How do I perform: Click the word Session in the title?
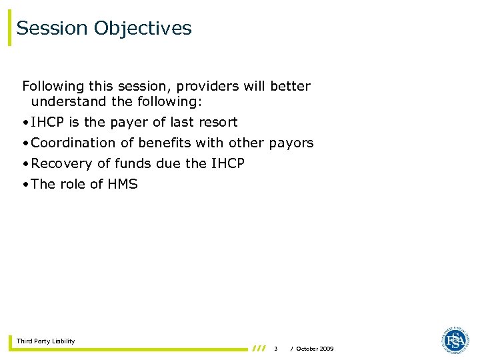click(52, 29)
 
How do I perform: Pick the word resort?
click(218, 123)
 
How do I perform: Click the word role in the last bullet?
click(73, 185)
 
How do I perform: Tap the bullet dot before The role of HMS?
click(25, 185)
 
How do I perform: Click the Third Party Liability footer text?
click(45, 341)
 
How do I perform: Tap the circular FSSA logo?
click(455, 340)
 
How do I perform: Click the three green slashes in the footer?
click(259, 348)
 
